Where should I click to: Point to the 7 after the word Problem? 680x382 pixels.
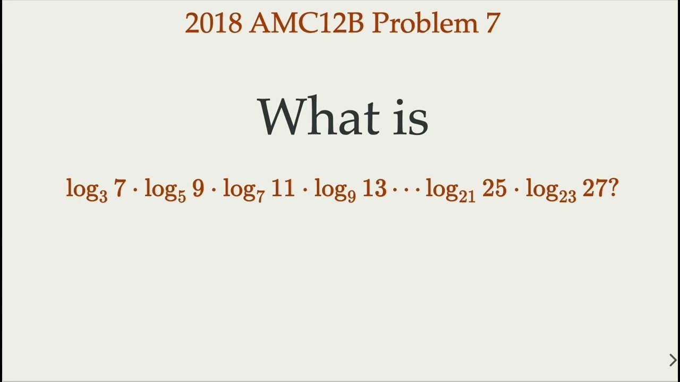(x=492, y=23)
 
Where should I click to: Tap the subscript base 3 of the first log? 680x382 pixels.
(x=103, y=197)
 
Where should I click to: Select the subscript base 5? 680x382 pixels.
(x=182, y=197)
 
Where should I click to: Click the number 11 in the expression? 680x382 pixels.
(x=283, y=189)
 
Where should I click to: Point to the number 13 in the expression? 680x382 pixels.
(x=374, y=189)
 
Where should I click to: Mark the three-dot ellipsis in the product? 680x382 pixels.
(x=406, y=190)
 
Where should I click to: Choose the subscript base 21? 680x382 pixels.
(x=468, y=197)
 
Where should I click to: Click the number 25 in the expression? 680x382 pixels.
(x=494, y=189)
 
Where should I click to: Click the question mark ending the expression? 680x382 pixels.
(x=613, y=189)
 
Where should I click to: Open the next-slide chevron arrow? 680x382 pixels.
(x=673, y=360)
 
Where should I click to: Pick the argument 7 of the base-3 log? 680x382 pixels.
(x=120, y=189)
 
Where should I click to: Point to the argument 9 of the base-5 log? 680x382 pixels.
(x=198, y=189)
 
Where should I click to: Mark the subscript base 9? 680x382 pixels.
(x=352, y=197)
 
